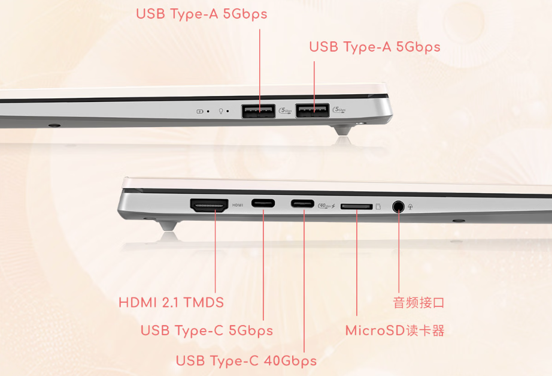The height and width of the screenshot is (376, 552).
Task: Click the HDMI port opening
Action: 209,205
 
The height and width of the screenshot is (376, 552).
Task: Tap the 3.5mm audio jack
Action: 398,206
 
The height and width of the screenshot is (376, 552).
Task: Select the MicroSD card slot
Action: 356,206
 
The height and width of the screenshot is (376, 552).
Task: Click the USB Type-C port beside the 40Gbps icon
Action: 302,203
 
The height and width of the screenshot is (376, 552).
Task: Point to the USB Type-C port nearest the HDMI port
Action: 263,203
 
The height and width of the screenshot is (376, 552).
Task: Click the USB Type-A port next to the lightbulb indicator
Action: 259,111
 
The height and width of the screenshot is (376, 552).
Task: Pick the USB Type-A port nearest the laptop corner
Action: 313,110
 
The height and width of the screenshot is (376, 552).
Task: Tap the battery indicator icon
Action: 199,112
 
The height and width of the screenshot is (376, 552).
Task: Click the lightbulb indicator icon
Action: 221,111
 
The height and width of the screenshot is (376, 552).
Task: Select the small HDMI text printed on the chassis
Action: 238,205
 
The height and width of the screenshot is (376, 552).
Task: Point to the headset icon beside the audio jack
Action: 411,207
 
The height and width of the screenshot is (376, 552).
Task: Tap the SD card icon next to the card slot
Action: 378,206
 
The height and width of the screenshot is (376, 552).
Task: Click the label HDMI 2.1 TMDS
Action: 171,303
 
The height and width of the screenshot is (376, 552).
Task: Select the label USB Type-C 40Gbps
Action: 246,361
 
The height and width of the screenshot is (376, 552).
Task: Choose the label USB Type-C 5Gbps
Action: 207,331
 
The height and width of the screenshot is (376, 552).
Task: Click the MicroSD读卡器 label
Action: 395,330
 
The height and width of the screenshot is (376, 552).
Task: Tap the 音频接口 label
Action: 418,303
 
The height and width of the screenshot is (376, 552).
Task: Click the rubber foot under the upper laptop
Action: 343,130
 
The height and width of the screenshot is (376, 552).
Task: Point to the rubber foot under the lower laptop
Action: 168,225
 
